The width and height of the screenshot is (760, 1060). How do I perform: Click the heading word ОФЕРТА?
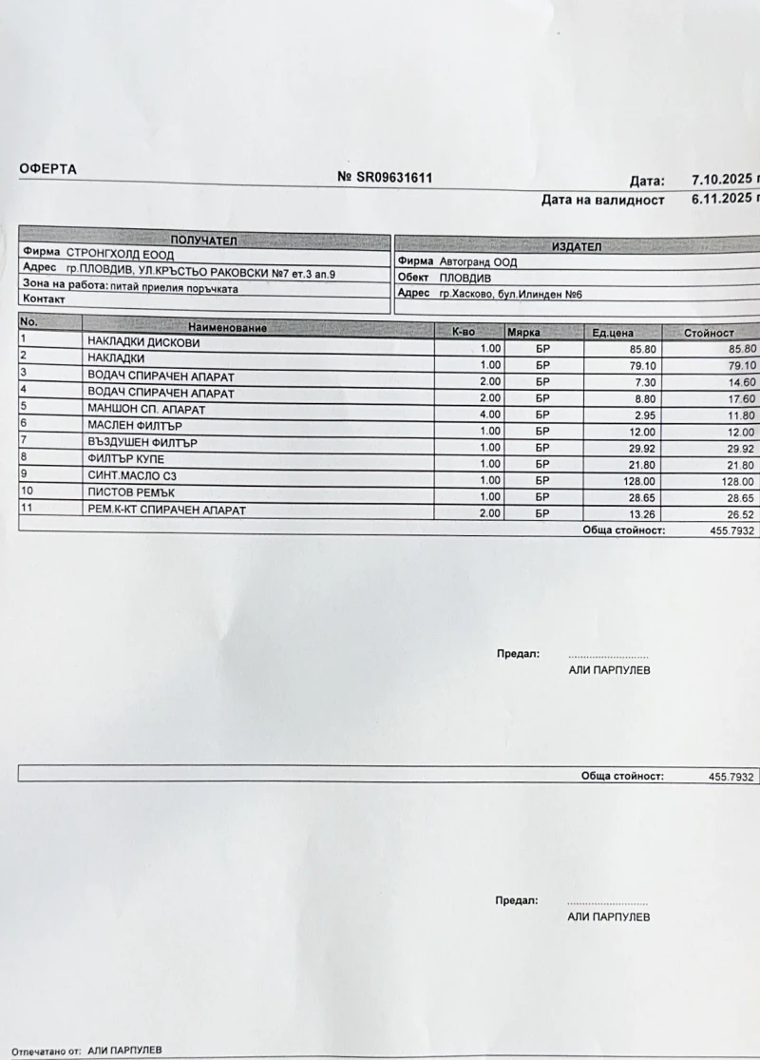[x=48, y=169]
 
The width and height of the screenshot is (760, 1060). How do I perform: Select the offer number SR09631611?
[x=393, y=177]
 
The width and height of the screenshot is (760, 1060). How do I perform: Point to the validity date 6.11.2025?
[x=721, y=200]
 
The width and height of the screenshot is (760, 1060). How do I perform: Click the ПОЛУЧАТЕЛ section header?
[x=203, y=241]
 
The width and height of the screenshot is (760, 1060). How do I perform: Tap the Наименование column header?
[x=228, y=328]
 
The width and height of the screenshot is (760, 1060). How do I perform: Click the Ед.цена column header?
[x=613, y=333]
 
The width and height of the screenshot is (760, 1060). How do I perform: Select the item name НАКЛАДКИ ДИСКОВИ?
[x=143, y=343]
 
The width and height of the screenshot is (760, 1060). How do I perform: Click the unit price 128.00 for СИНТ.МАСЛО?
[x=617, y=480]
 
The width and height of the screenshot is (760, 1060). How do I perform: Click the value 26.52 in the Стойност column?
[x=736, y=514]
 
